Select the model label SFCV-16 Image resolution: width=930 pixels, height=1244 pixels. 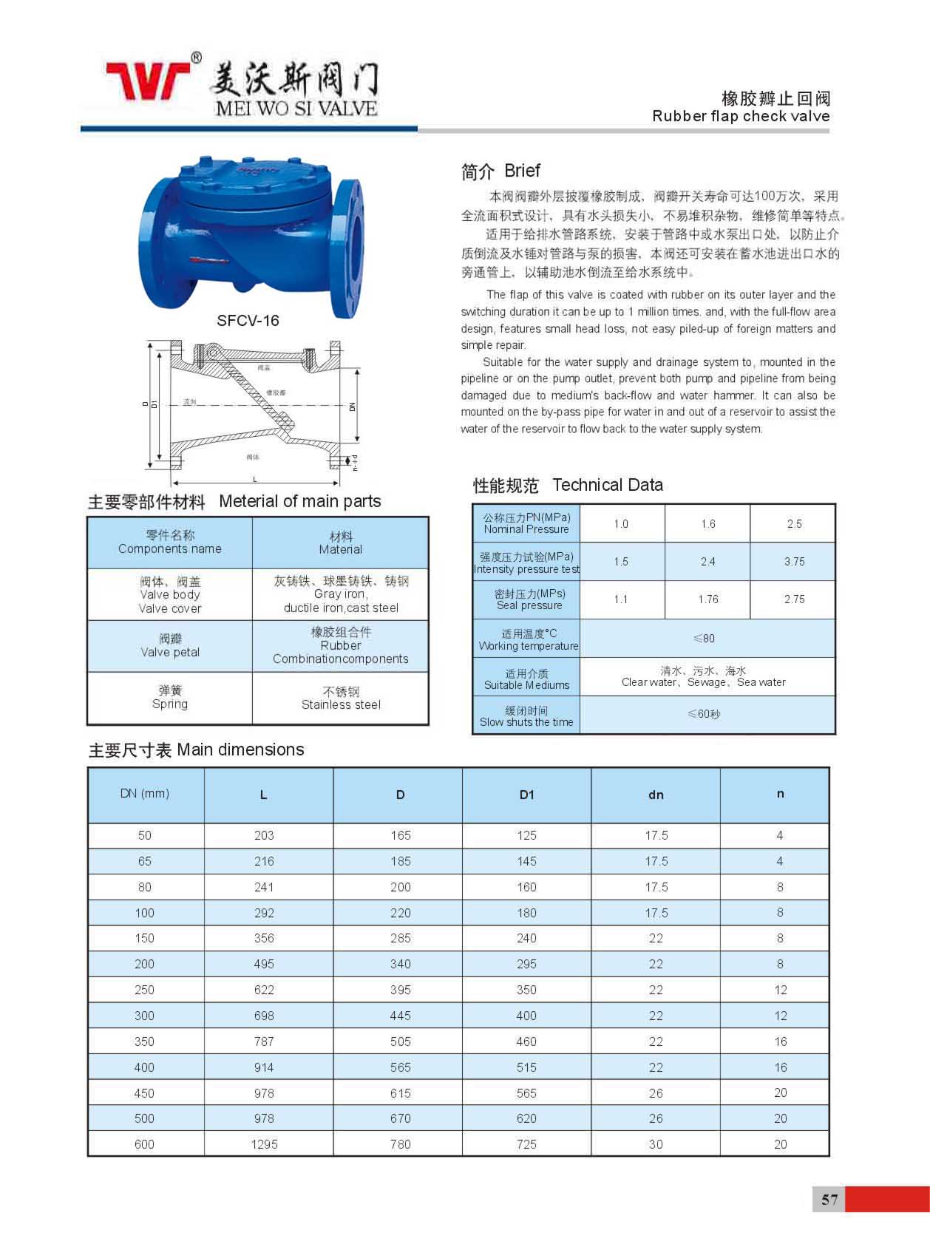(x=248, y=320)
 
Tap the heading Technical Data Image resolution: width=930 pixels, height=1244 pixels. (x=607, y=485)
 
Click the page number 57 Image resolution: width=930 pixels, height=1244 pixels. (x=829, y=1199)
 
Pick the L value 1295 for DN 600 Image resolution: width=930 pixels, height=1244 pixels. (x=264, y=1144)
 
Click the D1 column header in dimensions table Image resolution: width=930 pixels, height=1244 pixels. (x=526, y=795)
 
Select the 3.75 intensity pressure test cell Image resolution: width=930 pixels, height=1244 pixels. (x=794, y=562)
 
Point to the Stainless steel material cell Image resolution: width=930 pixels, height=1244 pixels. (x=341, y=699)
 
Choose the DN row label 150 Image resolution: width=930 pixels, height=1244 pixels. (x=145, y=938)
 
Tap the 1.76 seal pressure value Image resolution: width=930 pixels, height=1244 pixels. (x=707, y=599)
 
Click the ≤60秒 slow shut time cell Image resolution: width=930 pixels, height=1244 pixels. (x=704, y=714)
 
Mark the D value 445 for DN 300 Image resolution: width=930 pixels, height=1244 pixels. (x=400, y=1016)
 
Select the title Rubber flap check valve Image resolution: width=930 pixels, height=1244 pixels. (x=741, y=116)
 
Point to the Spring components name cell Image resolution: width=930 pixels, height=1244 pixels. (x=170, y=698)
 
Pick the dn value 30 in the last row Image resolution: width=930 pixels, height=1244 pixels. (x=656, y=1144)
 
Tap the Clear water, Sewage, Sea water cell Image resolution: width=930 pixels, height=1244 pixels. (x=704, y=676)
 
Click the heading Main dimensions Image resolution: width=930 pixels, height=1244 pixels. (x=197, y=750)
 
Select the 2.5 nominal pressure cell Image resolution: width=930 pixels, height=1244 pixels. (x=794, y=524)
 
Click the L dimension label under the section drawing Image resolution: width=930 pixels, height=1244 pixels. (x=255, y=480)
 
